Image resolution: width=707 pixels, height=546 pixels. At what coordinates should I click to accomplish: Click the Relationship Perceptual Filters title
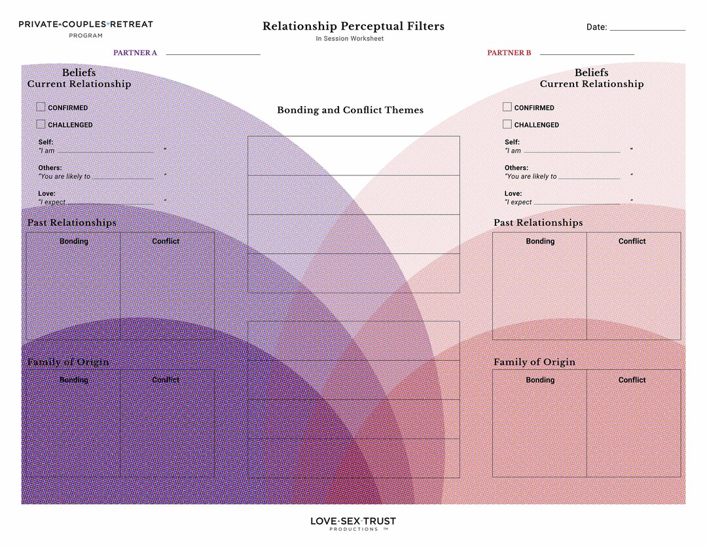(x=353, y=26)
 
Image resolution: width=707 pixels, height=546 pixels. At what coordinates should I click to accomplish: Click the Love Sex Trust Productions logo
(x=353, y=523)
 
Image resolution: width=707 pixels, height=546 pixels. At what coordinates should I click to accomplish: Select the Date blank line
(x=647, y=29)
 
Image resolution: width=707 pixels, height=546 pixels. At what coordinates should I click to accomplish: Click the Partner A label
(x=135, y=53)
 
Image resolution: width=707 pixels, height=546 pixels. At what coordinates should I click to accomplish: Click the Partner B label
(x=509, y=53)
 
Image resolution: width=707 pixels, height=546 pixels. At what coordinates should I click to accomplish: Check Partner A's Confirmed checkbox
(x=41, y=107)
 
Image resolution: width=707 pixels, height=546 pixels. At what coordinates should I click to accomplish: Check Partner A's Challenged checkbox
(x=41, y=124)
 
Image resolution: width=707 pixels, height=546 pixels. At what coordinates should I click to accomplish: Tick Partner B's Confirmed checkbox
(x=507, y=107)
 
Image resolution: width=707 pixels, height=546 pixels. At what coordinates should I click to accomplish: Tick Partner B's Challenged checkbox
(x=507, y=124)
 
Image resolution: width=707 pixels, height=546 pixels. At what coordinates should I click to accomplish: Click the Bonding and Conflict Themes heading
(x=350, y=110)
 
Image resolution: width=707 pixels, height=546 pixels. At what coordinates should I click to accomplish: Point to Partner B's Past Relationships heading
(x=538, y=223)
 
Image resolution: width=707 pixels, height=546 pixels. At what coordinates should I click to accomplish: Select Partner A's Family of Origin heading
(x=68, y=362)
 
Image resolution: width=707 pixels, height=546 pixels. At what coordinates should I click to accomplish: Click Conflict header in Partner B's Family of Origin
(x=632, y=380)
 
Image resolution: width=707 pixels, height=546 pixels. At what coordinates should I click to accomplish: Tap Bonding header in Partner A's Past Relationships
(x=74, y=241)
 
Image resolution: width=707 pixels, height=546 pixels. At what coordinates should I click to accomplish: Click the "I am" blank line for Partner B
(x=571, y=151)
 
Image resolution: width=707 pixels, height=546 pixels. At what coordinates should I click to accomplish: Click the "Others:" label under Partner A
(x=50, y=168)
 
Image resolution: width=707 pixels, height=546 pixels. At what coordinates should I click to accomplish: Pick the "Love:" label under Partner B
(x=513, y=193)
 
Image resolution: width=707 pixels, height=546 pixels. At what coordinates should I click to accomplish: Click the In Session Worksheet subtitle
(x=350, y=39)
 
